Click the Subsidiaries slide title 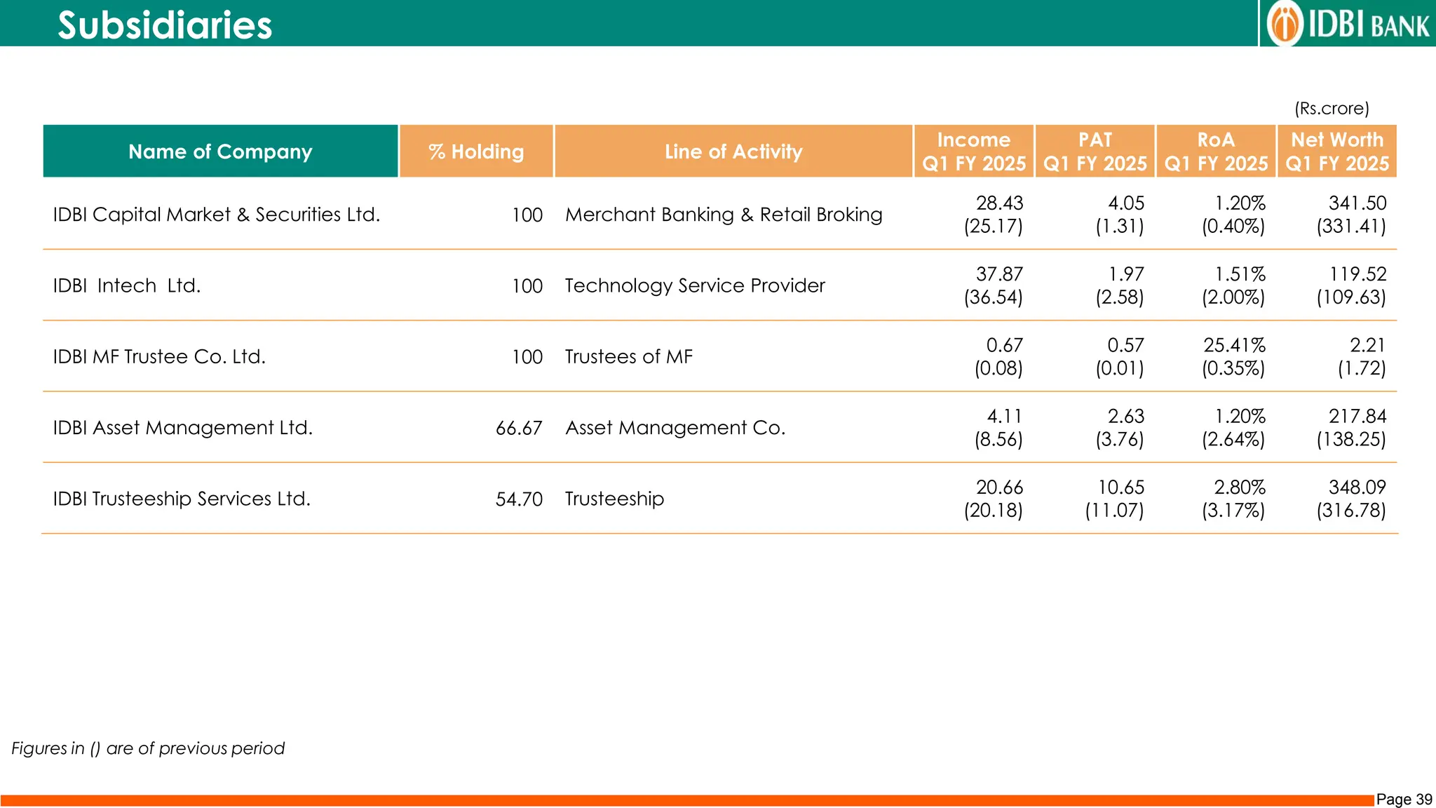pos(164,25)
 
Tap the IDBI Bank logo pos(1348,24)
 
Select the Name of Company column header pos(220,151)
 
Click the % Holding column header pos(476,151)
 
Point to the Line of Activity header pos(733,151)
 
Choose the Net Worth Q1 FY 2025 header pos(1336,151)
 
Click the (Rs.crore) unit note pos(1331,109)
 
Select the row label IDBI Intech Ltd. pos(127,286)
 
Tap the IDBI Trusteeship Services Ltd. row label pos(182,499)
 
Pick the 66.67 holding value pos(519,428)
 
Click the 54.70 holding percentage pos(519,499)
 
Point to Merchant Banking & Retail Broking pos(724,215)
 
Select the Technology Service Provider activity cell pos(695,285)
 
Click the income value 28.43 pos(999,203)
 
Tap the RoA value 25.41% pos(1234,345)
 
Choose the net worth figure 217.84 pos(1357,417)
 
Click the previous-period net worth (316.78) pos(1350,511)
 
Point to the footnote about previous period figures pos(148,748)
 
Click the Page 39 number pos(1404,800)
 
